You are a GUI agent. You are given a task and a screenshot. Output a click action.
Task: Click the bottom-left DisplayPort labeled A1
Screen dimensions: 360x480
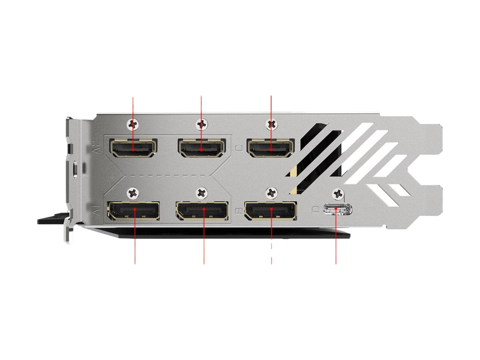pos(133,211)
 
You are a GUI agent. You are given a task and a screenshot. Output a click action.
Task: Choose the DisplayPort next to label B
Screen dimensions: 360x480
pos(270,211)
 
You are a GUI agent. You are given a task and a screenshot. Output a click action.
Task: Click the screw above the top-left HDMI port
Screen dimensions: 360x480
pos(132,123)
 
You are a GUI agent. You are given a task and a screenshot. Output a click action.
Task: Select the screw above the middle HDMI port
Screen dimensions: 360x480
pos(202,123)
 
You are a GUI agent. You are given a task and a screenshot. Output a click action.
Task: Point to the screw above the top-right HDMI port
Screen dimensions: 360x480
pos(270,123)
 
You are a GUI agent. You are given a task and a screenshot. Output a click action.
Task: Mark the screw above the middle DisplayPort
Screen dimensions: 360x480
pos(202,193)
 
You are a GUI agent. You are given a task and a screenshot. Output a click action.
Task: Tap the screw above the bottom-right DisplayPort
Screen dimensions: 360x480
pos(270,193)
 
